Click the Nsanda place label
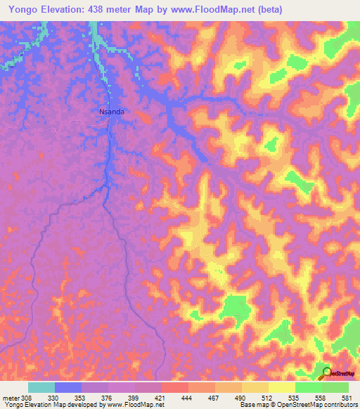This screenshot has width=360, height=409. pos(112,111)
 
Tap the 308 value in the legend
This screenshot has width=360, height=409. pos(22,398)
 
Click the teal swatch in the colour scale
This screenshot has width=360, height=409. pos(41,387)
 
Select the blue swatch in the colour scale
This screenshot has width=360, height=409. pos(68,387)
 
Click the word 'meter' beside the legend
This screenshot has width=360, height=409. pos(9,398)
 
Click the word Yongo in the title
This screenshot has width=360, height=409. pos(20,8)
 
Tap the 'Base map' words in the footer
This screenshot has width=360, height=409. pos(252,405)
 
